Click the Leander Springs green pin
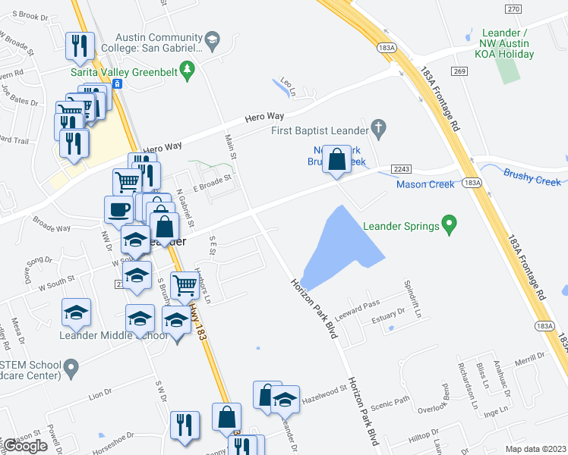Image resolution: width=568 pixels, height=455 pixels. coord(450,225)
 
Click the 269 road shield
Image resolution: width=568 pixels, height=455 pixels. coord(478,71)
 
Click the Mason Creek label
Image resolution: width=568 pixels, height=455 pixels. coord(424,184)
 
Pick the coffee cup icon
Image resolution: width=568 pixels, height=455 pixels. coord(118,209)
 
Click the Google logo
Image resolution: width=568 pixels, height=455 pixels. coord(25,446)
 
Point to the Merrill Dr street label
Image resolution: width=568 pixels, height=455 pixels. coord(509,363)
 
